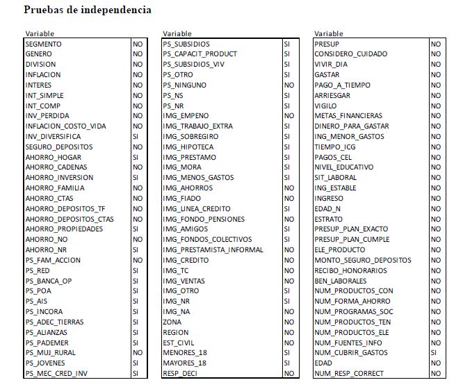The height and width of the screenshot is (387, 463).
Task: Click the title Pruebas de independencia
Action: pos(88,10)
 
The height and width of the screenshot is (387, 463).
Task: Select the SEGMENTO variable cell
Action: pos(43,44)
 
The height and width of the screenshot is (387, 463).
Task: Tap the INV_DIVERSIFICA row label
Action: pos(53,137)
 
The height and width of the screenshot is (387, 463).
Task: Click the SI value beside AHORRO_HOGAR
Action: pos(136,157)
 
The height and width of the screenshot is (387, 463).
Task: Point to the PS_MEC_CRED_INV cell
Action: pos(56,374)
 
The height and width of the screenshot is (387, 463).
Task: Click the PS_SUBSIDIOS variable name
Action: pos(186,44)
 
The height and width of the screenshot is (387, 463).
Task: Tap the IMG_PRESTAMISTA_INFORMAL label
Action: pos(213,249)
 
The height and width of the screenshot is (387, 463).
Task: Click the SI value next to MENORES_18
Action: pos(286,353)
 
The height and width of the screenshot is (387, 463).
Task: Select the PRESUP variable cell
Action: pos(327,44)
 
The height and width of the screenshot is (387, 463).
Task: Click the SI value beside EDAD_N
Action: pos(435,208)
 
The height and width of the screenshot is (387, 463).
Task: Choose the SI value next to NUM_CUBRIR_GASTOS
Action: pos(435,353)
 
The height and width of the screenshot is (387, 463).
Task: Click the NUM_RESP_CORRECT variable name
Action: pos(350,374)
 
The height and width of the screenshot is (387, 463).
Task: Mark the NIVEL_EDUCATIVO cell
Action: pos(344,167)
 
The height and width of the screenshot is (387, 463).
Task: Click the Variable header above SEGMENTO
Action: pos(40,33)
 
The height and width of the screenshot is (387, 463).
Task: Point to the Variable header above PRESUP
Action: pos(328,33)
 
